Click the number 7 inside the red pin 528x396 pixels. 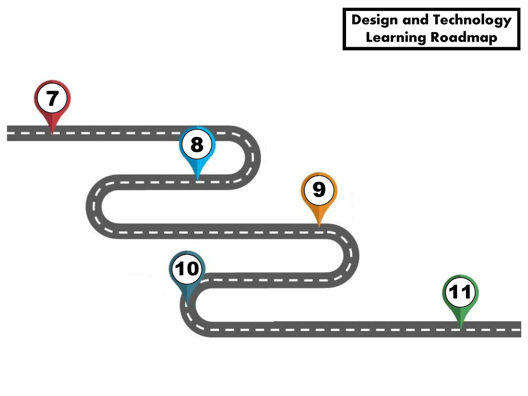coord(52,98)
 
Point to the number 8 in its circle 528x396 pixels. coord(197,145)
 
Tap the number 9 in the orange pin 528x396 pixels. coord(319,190)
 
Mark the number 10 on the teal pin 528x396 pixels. coord(187,269)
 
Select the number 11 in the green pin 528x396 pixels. coord(460,292)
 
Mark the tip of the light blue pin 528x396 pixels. coord(197,180)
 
